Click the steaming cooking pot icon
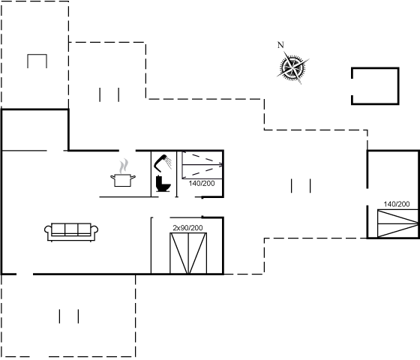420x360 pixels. click(123, 173)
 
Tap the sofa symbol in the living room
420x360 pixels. click(71, 232)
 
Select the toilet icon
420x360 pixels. click(163, 184)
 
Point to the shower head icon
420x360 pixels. click(163, 163)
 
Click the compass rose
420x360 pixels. click(292, 67)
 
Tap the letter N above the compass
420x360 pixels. click(280, 45)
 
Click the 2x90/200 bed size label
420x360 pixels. click(187, 228)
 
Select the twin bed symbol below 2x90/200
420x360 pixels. click(188, 253)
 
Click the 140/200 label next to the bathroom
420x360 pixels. click(202, 184)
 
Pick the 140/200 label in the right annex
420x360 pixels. click(397, 204)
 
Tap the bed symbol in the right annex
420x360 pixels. click(397, 223)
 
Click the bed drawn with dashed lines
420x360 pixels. click(202, 165)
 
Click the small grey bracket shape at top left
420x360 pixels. click(37, 55)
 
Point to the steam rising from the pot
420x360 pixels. click(124, 166)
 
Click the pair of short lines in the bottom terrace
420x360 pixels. click(69, 316)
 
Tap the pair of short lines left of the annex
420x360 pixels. click(301, 186)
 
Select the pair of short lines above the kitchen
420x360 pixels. click(109, 94)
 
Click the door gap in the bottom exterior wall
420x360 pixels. click(25, 274)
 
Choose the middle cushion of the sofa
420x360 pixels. click(71, 229)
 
